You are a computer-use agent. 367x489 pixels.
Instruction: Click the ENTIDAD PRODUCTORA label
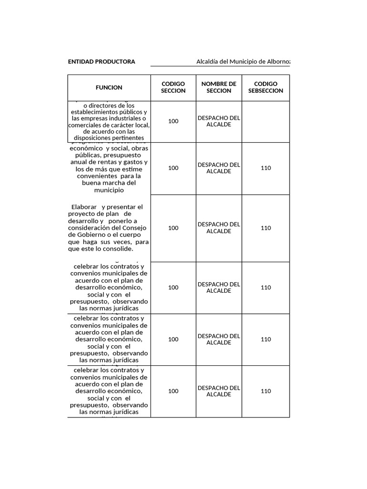[101, 62]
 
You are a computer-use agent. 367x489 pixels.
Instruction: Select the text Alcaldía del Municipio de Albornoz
[243, 62]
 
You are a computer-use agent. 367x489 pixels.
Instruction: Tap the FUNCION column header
[109, 87]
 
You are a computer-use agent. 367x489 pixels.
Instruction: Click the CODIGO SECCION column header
[173, 87]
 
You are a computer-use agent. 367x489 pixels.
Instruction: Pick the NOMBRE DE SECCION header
[219, 87]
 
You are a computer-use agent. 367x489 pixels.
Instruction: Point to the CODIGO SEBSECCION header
[266, 87]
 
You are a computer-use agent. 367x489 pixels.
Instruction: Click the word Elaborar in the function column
[84, 207]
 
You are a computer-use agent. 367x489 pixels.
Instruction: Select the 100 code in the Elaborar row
[173, 228]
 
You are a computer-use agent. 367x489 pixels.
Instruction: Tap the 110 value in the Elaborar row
[266, 228]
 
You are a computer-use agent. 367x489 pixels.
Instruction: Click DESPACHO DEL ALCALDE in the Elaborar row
[219, 228]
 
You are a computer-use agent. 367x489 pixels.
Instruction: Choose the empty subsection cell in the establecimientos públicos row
[266, 121]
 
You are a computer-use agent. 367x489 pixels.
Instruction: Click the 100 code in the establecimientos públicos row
[173, 121]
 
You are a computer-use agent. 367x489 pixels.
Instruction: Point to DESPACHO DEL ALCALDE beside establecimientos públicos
[219, 121]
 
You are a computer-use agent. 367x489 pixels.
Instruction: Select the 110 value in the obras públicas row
[266, 168]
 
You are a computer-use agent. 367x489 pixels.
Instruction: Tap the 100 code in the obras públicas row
[173, 168]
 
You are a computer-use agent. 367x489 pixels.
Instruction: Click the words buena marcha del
[109, 183]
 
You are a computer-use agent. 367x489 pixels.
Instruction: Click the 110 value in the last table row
[266, 391]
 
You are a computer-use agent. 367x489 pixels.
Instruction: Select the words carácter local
[130, 125]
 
